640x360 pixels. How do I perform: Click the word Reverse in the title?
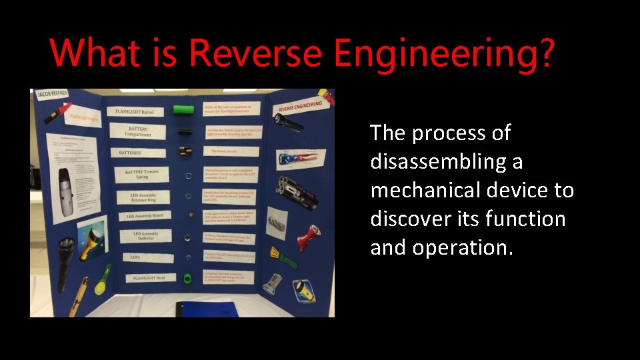tap(255, 53)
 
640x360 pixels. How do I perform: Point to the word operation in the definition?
tap(463, 248)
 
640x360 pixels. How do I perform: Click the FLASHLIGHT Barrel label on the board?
tap(135, 111)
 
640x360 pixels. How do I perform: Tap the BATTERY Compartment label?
tap(139, 132)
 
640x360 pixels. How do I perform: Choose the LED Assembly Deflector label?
tap(145, 236)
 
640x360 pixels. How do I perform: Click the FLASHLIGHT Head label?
tap(149, 277)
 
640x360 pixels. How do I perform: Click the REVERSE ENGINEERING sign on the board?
tap(300, 107)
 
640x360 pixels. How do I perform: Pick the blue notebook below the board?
tap(207, 309)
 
